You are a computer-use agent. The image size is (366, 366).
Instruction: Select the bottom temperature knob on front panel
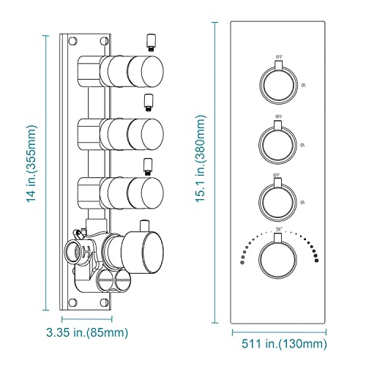pos(278,261)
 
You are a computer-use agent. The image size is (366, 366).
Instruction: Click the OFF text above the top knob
pos(279,56)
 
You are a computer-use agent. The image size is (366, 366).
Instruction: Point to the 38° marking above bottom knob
pos(279,232)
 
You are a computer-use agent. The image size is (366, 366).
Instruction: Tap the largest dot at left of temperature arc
pos(239,261)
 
